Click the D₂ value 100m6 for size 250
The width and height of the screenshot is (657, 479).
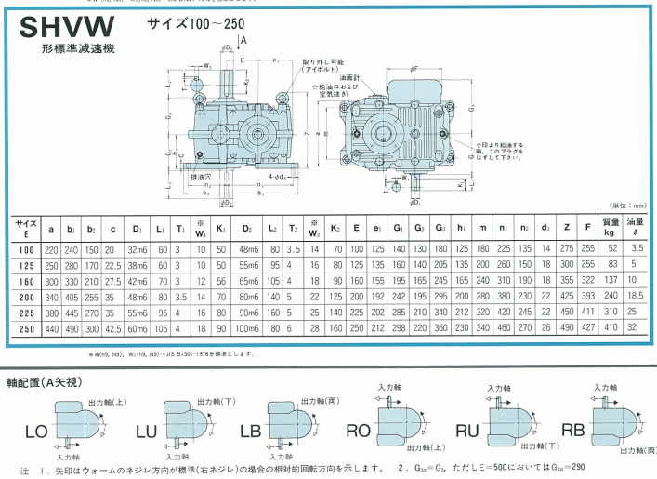(x=248, y=329)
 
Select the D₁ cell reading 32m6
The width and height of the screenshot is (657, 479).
(x=138, y=250)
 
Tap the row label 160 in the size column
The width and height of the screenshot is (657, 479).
(x=25, y=282)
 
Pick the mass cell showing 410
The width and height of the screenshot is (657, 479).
(x=611, y=329)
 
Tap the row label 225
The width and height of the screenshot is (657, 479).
(x=25, y=313)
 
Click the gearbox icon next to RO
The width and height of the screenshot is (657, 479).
(x=402, y=423)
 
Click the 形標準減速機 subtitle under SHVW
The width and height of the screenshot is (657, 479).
(x=71, y=48)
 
